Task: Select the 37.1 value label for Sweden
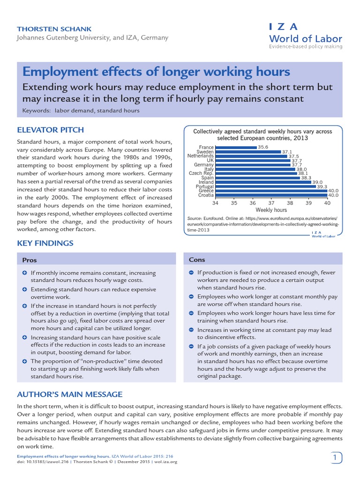point(287,152)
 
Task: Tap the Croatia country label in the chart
point(206,195)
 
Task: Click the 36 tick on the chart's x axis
point(253,203)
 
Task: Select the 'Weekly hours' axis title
point(271,210)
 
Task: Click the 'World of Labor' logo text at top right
point(305,38)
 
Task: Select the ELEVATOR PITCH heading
point(51,130)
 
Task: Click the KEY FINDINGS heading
point(45,243)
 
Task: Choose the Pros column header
point(30,260)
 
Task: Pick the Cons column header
point(197,260)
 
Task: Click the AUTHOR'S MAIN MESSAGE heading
point(70,394)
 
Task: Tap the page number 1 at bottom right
point(335,457)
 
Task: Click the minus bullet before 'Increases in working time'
point(191,330)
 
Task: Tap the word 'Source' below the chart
point(194,218)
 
